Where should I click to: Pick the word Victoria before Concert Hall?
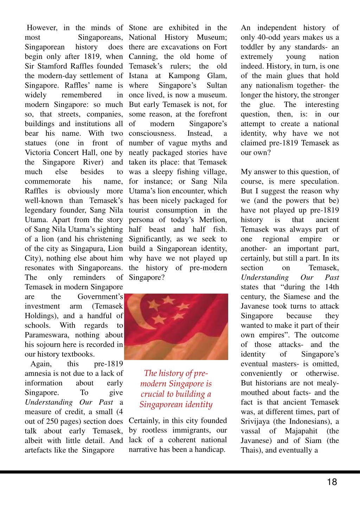(38, 153)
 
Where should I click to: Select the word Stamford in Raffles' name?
(54, 66)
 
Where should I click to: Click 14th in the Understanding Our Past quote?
(332, 287)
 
